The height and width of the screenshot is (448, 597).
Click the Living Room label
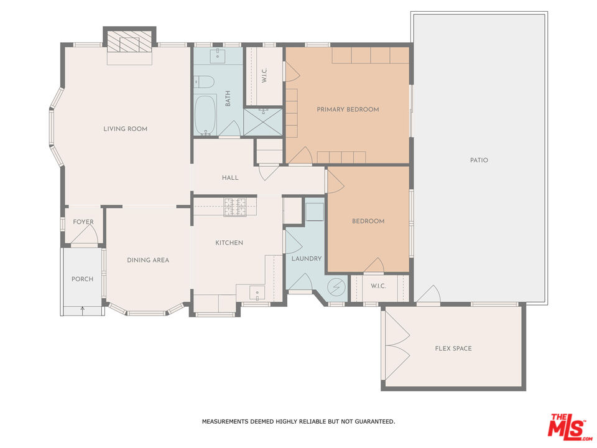point(126,129)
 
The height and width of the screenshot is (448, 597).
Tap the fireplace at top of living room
point(129,44)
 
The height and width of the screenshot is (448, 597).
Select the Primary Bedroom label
point(348,110)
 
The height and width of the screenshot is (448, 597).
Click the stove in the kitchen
point(236,207)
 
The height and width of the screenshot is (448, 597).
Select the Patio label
point(479,160)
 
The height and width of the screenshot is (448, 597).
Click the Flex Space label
point(453,348)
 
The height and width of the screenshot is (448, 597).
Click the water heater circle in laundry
point(336,287)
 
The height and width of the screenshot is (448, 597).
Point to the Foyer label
point(83,222)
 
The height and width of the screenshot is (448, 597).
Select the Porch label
point(82,279)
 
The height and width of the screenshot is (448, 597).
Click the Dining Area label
point(148,260)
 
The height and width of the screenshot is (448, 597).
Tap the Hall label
point(230,178)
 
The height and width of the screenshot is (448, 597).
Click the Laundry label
point(307,258)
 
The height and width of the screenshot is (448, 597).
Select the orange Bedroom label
point(368,221)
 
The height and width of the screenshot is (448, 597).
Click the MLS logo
point(567,426)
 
